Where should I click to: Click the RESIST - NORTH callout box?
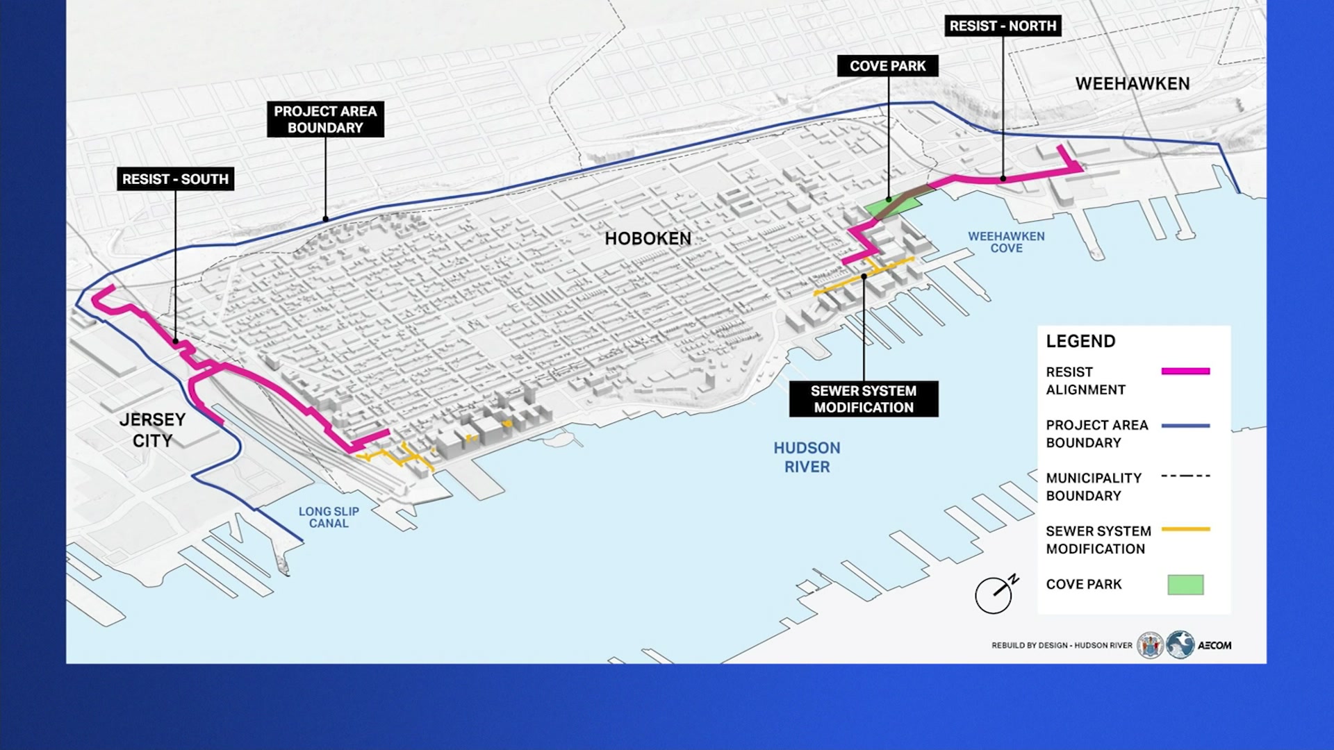pyautogui.click(x=1003, y=26)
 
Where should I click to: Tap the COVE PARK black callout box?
pyautogui.click(x=887, y=66)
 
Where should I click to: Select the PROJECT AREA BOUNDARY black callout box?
pyautogui.click(x=325, y=119)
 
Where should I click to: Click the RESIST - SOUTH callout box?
pyautogui.click(x=175, y=179)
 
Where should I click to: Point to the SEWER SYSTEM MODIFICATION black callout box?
pyautogui.click(x=864, y=399)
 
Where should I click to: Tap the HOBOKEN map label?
pyautogui.click(x=648, y=239)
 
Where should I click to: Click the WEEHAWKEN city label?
pyautogui.click(x=1133, y=84)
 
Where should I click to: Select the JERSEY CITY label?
pyautogui.click(x=152, y=430)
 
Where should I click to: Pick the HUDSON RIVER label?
pyautogui.click(x=807, y=458)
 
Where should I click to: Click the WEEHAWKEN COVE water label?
pyautogui.click(x=1006, y=242)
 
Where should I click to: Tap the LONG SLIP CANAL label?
pyautogui.click(x=329, y=517)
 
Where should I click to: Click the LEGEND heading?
pyautogui.click(x=1080, y=341)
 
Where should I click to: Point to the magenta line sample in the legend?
pyautogui.click(x=1185, y=372)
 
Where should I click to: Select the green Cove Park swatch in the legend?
pyautogui.click(x=1185, y=585)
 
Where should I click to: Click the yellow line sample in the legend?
pyautogui.click(x=1185, y=529)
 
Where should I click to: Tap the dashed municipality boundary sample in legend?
pyautogui.click(x=1185, y=476)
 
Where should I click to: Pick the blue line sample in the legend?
pyautogui.click(x=1185, y=426)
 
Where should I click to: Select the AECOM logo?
pyautogui.click(x=1214, y=645)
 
